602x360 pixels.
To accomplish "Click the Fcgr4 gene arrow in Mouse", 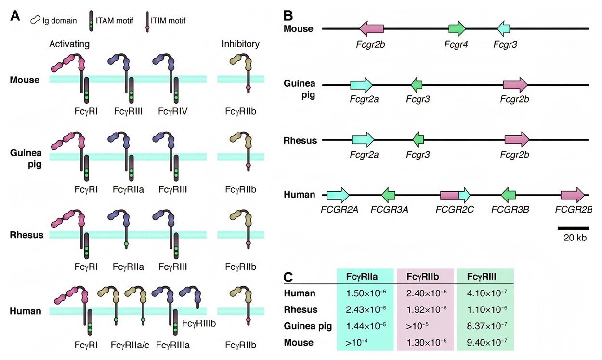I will pos(457,28).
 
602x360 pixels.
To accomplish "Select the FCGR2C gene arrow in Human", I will pos(456,195).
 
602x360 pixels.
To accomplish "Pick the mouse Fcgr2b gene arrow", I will pos(371,28).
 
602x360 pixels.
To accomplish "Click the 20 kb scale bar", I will pos(573,227).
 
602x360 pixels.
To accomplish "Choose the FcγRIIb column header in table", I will pos(425,277).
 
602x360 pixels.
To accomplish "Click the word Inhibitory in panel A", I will pos(240,44).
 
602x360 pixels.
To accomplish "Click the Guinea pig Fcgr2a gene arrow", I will pos(361,85).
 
